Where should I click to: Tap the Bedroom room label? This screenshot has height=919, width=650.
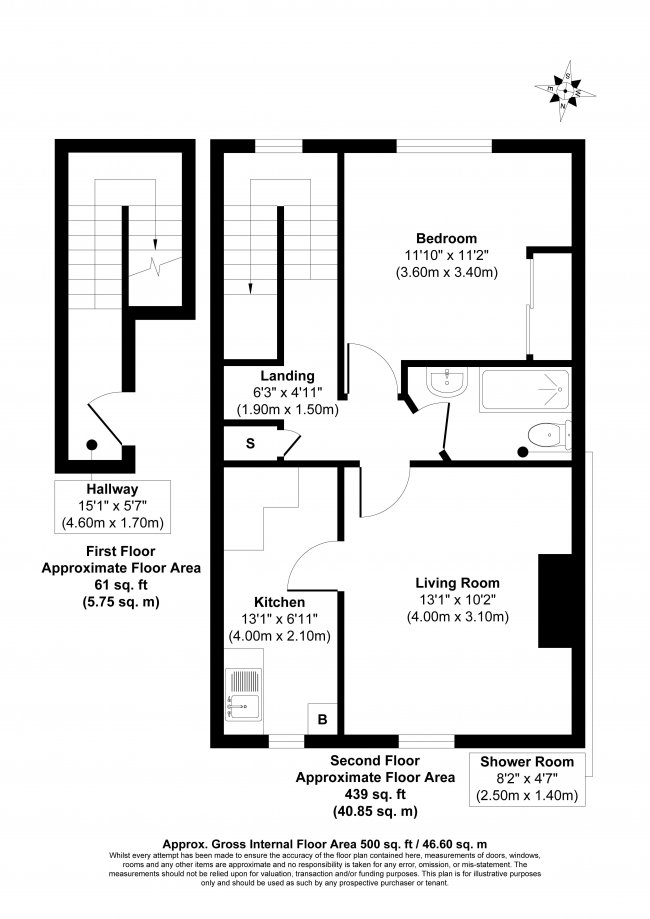click(x=446, y=238)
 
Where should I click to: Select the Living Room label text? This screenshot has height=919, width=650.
click(x=458, y=583)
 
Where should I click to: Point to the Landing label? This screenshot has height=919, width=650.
click(x=287, y=375)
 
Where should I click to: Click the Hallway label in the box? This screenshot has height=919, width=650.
click(x=113, y=490)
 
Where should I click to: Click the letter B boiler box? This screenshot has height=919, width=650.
click(x=322, y=719)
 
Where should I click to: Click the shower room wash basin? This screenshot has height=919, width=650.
click(x=442, y=383)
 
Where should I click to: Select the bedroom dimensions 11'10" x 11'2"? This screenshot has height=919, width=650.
click(x=446, y=255)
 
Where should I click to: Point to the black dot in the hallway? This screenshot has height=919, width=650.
click(x=92, y=445)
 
